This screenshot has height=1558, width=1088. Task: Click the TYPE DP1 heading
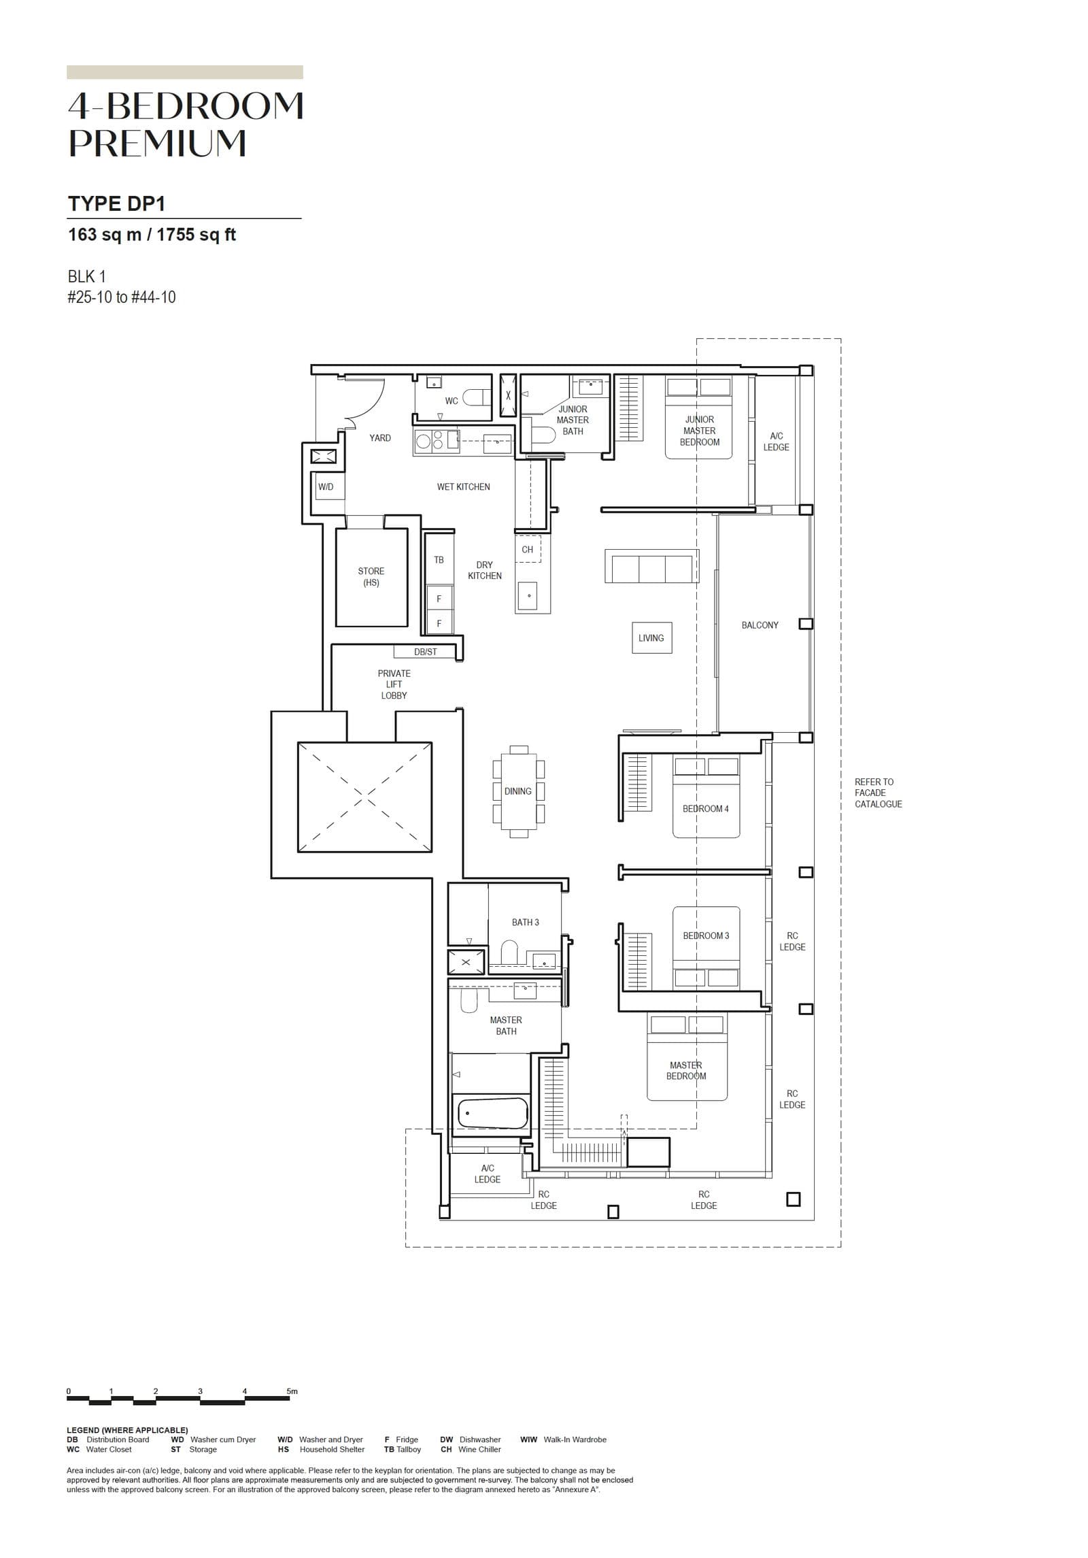click(116, 203)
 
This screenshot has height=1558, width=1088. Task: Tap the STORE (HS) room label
click(371, 576)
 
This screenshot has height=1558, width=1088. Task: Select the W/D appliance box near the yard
click(326, 486)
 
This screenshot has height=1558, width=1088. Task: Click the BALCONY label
click(760, 625)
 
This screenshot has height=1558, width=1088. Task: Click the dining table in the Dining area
click(518, 791)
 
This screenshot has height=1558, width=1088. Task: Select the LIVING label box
click(651, 638)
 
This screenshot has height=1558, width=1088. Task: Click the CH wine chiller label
click(528, 549)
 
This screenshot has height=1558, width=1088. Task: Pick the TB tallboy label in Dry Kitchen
click(439, 559)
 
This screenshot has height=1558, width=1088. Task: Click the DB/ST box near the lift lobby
click(426, 652)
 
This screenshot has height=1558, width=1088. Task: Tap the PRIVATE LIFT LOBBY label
click(394, 684)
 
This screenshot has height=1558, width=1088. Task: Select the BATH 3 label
click(525, 922)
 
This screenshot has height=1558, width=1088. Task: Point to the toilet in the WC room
click(475, 397)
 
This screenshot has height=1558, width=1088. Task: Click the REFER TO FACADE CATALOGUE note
click(878, 793)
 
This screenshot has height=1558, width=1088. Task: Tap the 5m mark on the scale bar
click(292, 1391)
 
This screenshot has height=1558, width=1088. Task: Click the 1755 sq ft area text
click(196, 235)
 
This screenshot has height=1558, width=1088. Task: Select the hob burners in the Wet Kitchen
click(430, 440)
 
